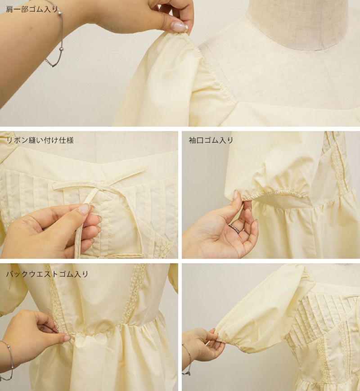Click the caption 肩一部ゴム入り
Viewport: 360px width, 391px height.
coord(31,9)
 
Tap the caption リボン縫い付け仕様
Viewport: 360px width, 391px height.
coord(40,140)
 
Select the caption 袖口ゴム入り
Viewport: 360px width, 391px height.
coord(211,140)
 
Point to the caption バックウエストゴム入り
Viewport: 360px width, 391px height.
coord(47,274)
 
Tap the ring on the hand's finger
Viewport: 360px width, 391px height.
coord(235,228)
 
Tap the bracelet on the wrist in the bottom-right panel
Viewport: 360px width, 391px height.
coord(187,359)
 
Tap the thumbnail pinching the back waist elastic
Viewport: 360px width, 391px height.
coord(67,338)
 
